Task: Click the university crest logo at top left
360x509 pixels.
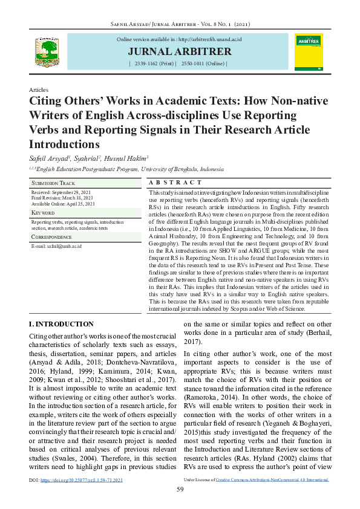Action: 47,51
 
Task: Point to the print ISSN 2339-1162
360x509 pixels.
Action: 155,63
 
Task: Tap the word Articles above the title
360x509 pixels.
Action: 39,89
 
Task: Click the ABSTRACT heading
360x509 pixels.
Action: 175,183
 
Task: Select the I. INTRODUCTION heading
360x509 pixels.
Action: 61,324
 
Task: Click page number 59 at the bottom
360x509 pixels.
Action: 180,489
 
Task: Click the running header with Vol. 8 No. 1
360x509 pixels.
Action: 180,24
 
